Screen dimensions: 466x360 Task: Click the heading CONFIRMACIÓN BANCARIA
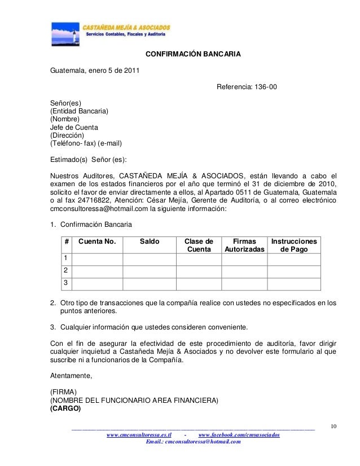194,55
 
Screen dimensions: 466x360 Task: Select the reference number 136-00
263,87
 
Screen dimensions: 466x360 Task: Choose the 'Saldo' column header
150,241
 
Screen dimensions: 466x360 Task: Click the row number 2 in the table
66,270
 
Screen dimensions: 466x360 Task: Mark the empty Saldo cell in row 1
150,258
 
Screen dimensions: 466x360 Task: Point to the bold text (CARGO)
65,408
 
